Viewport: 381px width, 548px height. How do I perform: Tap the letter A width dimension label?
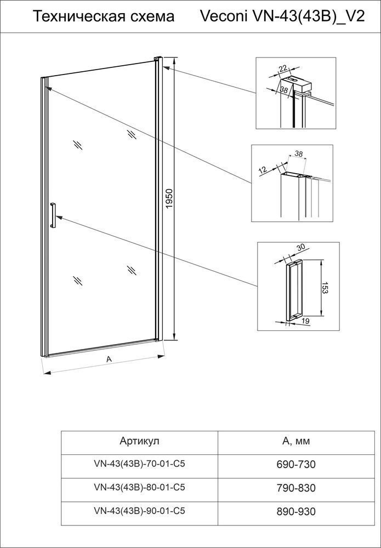tap(109, 359)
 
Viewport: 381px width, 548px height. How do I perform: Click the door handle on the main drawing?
tap(53, 215)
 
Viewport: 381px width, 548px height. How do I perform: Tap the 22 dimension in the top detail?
tap(282, 68)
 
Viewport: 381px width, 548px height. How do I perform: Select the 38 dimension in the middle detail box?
tap(298, 154)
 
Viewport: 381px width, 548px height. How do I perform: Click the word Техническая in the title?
tap(82, 17)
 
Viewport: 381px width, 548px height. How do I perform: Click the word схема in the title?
tap(153, 17)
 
